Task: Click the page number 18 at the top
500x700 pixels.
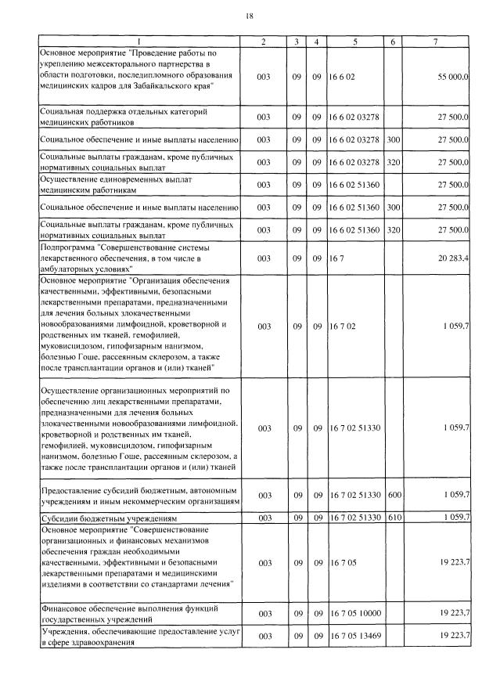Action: tap(250, 16)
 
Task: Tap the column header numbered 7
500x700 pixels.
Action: tap(434, 41)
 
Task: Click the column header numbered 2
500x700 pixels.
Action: tap(264, 41)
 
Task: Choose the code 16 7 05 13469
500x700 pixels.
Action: tap(354, 635)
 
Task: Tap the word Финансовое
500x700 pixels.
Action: tap(66, 608)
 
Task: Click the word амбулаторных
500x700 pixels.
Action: tap(70, 268)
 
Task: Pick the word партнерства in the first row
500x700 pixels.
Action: tap(181, 63)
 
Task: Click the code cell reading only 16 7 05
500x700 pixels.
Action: tap(343, 563)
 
